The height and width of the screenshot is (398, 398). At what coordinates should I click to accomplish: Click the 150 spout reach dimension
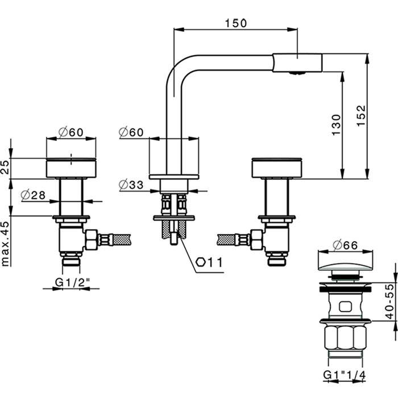tap(235, 23)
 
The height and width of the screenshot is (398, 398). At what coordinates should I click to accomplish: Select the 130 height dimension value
tap(335, 125)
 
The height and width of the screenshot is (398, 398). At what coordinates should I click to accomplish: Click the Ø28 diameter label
tap(33, 195)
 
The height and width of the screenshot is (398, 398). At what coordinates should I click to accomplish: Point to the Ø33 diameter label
tap(131, 184)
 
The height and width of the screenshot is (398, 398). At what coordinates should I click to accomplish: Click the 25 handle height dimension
tap(6, 167)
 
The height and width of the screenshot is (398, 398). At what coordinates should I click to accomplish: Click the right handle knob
tap(276, 168)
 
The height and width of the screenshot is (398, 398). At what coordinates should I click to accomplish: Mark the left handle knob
tap(71, 168)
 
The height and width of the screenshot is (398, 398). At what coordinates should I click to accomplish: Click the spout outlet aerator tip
tap(297, 72)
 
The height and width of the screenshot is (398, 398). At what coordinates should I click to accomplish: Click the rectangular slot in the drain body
tap(345, 308)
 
